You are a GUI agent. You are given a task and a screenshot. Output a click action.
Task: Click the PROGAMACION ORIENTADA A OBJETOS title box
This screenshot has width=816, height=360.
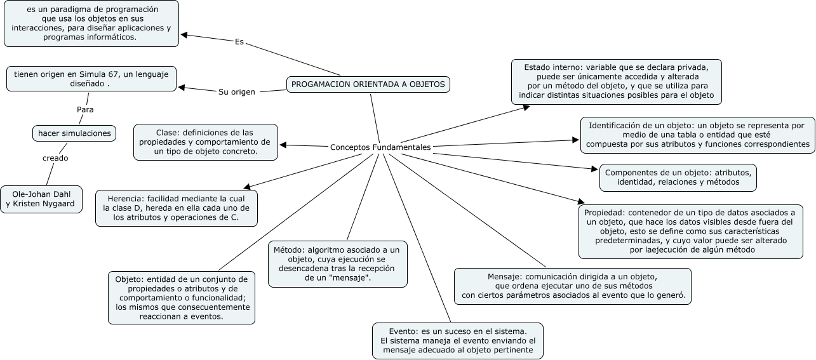368,84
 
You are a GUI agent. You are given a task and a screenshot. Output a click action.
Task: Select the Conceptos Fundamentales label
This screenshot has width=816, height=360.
380,147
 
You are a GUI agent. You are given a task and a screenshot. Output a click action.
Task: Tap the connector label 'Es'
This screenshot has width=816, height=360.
239,43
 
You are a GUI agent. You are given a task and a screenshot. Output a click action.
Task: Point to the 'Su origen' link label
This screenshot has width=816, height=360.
237,92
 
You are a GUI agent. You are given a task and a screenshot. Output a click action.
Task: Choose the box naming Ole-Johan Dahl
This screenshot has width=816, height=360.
41,199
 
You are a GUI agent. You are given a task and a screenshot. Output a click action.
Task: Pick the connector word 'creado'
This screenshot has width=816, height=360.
55,158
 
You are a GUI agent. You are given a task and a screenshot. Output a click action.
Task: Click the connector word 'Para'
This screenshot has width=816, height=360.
85,109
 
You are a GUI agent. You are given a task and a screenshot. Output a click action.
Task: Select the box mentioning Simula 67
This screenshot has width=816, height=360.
91,79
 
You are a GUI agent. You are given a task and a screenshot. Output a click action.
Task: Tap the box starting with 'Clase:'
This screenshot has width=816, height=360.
206,142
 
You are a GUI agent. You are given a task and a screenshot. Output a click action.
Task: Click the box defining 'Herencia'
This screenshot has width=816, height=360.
177,208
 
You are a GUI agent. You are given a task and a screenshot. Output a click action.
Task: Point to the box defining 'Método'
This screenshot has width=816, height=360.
337,264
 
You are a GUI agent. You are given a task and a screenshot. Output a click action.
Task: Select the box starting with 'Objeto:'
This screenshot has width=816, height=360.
182,298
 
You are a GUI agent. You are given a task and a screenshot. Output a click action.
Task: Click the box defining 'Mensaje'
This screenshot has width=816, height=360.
573,286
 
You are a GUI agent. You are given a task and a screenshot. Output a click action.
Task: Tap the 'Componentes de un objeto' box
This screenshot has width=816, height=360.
678,178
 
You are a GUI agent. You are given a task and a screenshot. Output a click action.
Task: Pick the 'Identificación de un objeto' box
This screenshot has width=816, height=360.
697,135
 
